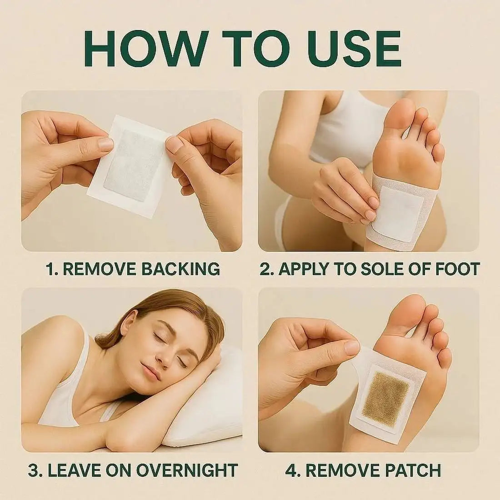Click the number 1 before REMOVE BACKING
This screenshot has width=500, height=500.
50,269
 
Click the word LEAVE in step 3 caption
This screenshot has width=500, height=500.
73,470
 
